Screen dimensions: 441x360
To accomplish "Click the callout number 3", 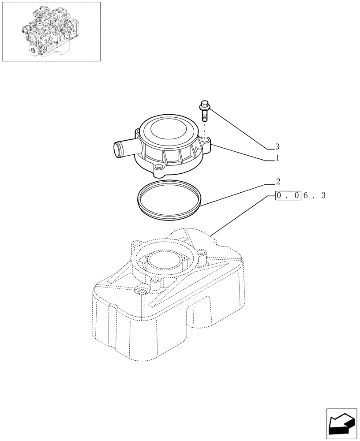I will coord(277,146).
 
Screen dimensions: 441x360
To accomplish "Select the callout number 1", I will coord(277,157).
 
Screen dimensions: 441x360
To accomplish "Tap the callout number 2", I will coord(277,181).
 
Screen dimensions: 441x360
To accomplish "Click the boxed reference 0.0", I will coord(288,195).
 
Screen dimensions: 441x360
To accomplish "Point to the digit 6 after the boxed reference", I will coord(306,195).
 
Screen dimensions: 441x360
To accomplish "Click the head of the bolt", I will coord(205,105).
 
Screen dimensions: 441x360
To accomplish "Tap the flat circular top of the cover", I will coord(165,130).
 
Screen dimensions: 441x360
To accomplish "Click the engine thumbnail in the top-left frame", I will coord(51,31).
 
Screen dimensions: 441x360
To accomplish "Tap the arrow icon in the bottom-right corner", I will coord(342,424).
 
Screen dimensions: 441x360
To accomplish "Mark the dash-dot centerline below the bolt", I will coord(205,130).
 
